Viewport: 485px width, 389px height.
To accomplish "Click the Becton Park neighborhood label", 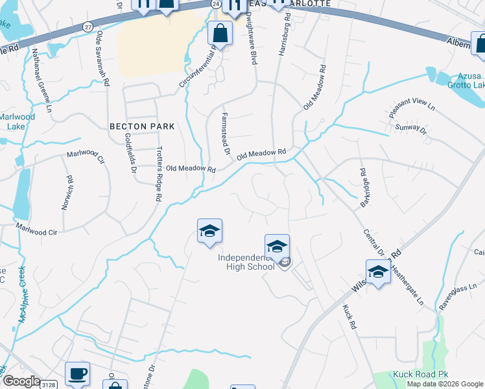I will click(142, 126).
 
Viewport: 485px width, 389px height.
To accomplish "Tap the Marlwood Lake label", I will click(12, 121).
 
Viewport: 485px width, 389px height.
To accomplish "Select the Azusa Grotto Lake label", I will click(462, 80).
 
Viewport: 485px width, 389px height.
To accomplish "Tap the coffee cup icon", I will click(78, 373).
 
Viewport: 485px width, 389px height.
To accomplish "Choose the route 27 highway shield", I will click(88, 26).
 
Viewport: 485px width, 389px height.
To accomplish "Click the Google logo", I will click(21, 382).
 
